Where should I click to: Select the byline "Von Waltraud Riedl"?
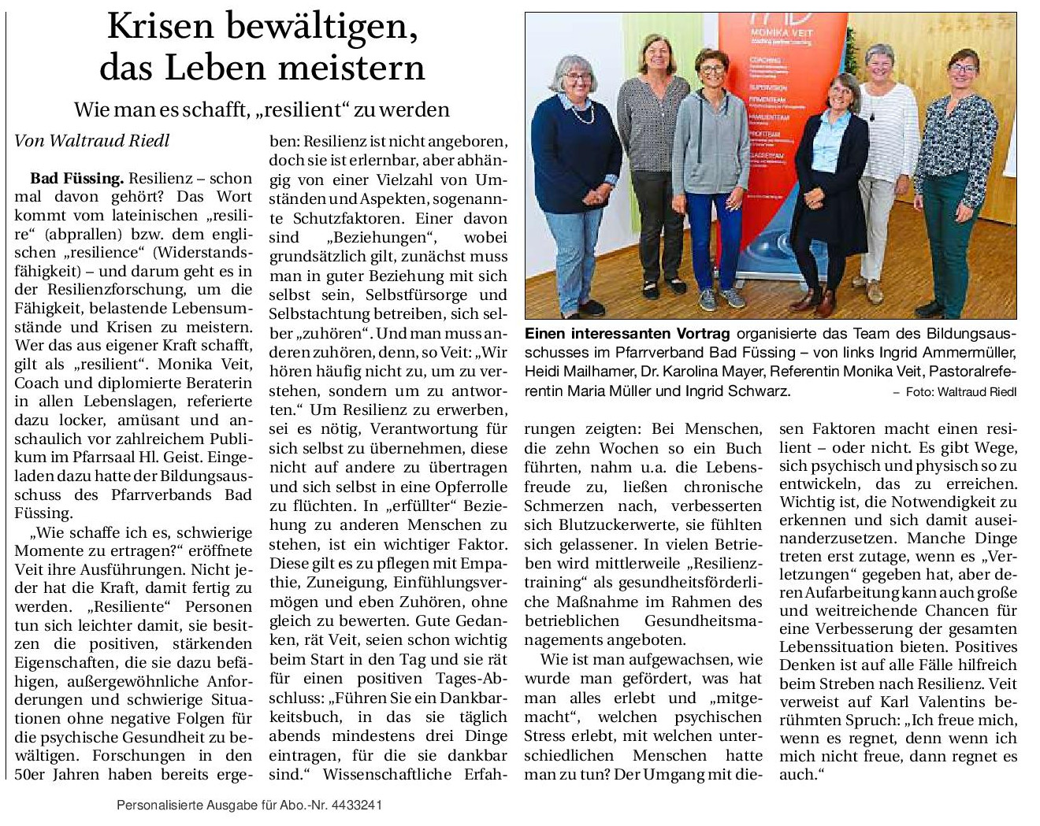(x=92, y=140)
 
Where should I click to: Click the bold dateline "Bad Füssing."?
(x=77, y=178)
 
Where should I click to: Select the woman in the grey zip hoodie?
(x=711, y=173)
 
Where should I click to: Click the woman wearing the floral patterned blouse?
(x=956, y=173)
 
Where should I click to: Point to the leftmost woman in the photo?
(x=583, y=173)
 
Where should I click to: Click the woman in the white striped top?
(x=886, y=173)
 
